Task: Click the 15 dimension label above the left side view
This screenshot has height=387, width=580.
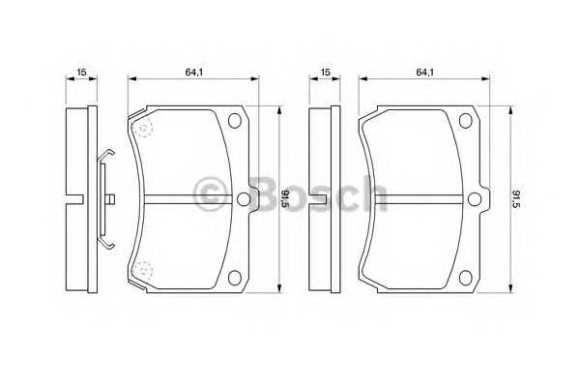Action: [81, 72]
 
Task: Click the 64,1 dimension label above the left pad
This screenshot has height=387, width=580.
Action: [194, 72]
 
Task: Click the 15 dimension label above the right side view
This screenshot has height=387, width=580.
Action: [325, 72]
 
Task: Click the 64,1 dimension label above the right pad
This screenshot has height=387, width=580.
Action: [425, 72]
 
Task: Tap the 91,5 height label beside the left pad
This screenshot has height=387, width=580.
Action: [285, 199]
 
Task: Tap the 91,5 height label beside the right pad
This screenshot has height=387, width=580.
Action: [516, 199]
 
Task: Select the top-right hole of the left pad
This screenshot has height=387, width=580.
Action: [235, 121]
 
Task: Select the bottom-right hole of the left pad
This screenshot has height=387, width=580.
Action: [235, 278]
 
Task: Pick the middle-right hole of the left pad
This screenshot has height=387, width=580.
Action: [243, 199]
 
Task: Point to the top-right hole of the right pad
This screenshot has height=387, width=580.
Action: [466, 121]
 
